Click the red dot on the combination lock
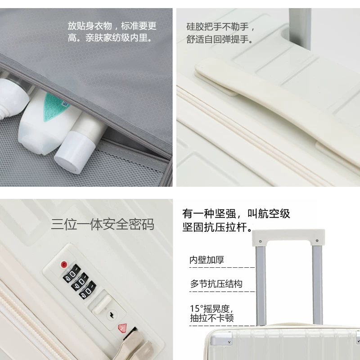click(64, 264)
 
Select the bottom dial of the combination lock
click(88, 290)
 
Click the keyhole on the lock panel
click(112, 315)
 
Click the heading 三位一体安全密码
click(103, 224)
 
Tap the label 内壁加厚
click(207, 260)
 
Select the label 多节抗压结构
click(216, 284)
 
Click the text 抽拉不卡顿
click(211, 318)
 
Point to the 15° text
click(197, 309)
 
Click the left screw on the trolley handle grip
click(260, 241)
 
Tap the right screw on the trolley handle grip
click(317, 241)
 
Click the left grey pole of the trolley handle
click(261, 285)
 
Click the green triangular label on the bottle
click(55, 107)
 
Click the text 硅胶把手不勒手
click(217, 27)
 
